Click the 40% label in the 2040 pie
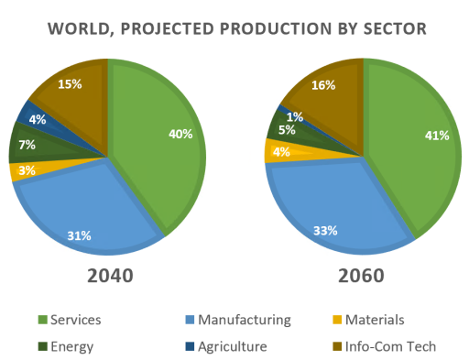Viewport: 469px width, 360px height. pos(180,134)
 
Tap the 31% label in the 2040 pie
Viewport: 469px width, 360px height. pos(79,235)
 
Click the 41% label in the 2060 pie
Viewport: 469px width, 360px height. pos(437,136)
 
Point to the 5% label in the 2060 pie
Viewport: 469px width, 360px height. pos(286,130)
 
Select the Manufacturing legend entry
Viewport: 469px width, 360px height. pos(239,320)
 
